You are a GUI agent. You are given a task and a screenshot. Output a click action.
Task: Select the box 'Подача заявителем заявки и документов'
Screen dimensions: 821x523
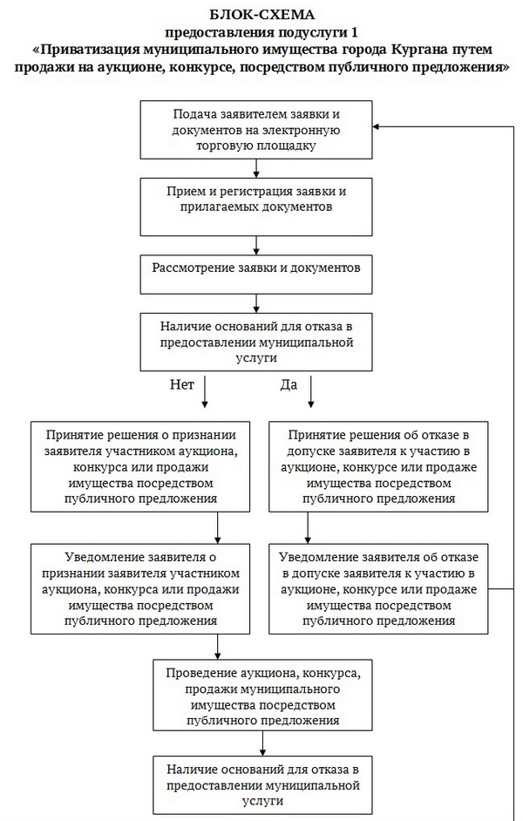tap(256, 130)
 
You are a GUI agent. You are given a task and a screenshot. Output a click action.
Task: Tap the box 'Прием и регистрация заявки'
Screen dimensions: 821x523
tap(256, 201)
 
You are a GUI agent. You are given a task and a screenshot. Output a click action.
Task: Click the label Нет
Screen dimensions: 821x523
tap(180, 384)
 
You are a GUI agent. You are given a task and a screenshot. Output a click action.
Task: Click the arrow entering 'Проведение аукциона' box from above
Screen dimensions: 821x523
tap(216, 648)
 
